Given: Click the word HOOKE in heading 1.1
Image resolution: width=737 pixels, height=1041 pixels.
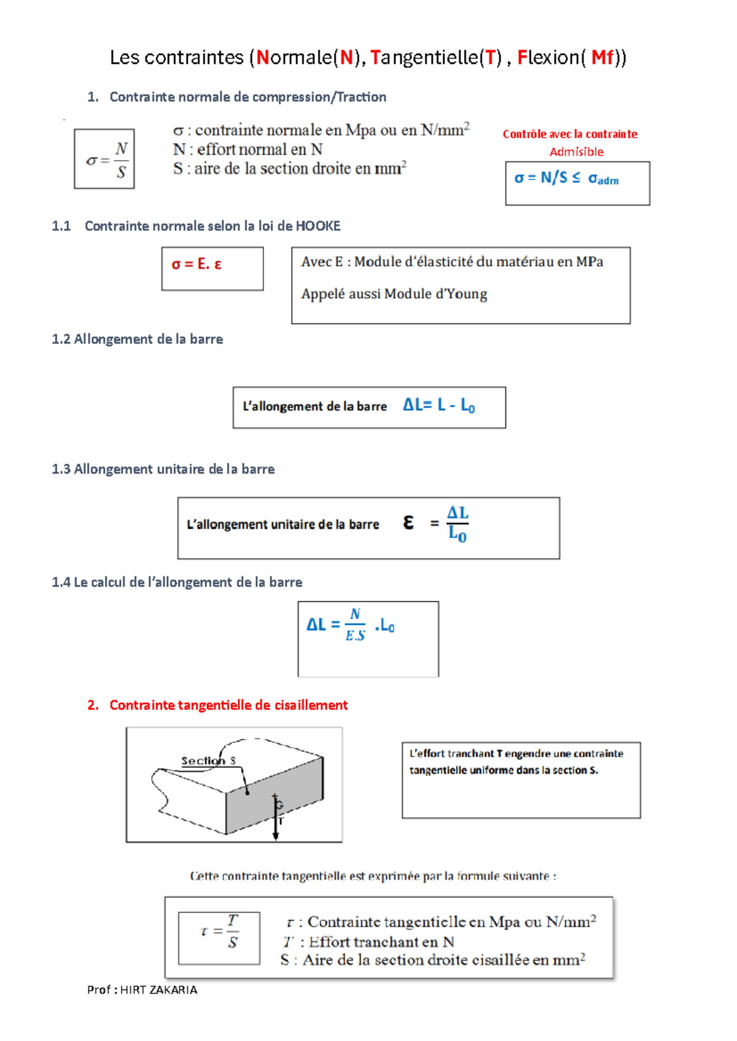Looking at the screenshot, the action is pyautogui.click(x=318, y=226).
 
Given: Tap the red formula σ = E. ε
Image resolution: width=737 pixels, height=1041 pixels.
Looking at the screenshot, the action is pyautogui.click(x=196, y=264).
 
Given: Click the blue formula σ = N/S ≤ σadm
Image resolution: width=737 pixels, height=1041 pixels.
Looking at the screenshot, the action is pyautogui.click(x=566, y=178).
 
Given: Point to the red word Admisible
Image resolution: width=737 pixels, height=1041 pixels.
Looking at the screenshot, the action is pyautogui.click(x=577, y=152).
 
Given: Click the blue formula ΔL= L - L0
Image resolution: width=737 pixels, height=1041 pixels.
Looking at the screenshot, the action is pyautogui.click(x=439, y=405).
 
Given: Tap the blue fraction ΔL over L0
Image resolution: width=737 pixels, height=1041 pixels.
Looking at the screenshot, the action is pyautogui.click(x=457, y=524).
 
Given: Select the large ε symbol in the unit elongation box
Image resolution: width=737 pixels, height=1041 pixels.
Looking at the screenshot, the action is pyautogui.click(x=408, y=522).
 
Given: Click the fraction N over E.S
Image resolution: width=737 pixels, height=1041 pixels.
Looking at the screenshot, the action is pyautogui.click(x=355, y=625).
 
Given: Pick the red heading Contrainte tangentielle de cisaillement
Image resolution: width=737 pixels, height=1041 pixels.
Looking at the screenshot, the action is pyautogui.click(x=228, y=705).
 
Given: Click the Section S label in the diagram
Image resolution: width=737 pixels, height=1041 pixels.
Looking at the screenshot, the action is pyautogui.click(x=208, y=760).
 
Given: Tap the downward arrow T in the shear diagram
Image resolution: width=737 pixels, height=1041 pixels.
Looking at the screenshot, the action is pyautogui.click(x=276, y=816).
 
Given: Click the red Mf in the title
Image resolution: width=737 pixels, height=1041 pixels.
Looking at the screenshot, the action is pyautogui.click(x=602, y=58).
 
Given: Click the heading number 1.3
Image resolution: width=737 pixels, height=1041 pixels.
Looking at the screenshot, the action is pyautogui.click(x=61, y=470).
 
